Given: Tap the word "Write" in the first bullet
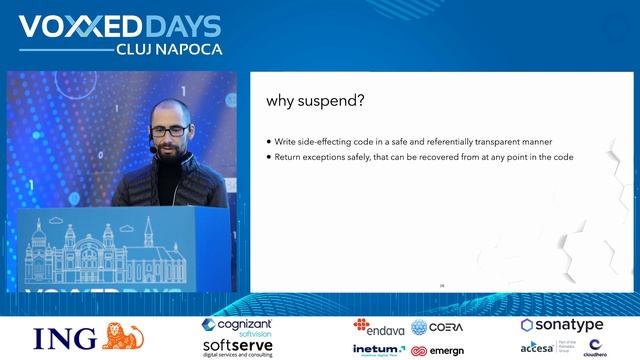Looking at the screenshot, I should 284,141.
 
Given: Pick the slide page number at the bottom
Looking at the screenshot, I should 442,286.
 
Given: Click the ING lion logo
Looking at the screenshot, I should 124,336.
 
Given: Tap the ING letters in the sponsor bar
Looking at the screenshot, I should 65,338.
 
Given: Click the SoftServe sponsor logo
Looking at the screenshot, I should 237,346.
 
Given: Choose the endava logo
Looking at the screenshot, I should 376,326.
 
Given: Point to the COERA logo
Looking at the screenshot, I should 437,327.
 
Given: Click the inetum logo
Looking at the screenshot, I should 378,350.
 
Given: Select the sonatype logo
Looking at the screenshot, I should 561,326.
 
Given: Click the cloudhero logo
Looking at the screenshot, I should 595,348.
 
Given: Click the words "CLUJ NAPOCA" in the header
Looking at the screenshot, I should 169,48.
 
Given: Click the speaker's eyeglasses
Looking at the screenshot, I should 167,131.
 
